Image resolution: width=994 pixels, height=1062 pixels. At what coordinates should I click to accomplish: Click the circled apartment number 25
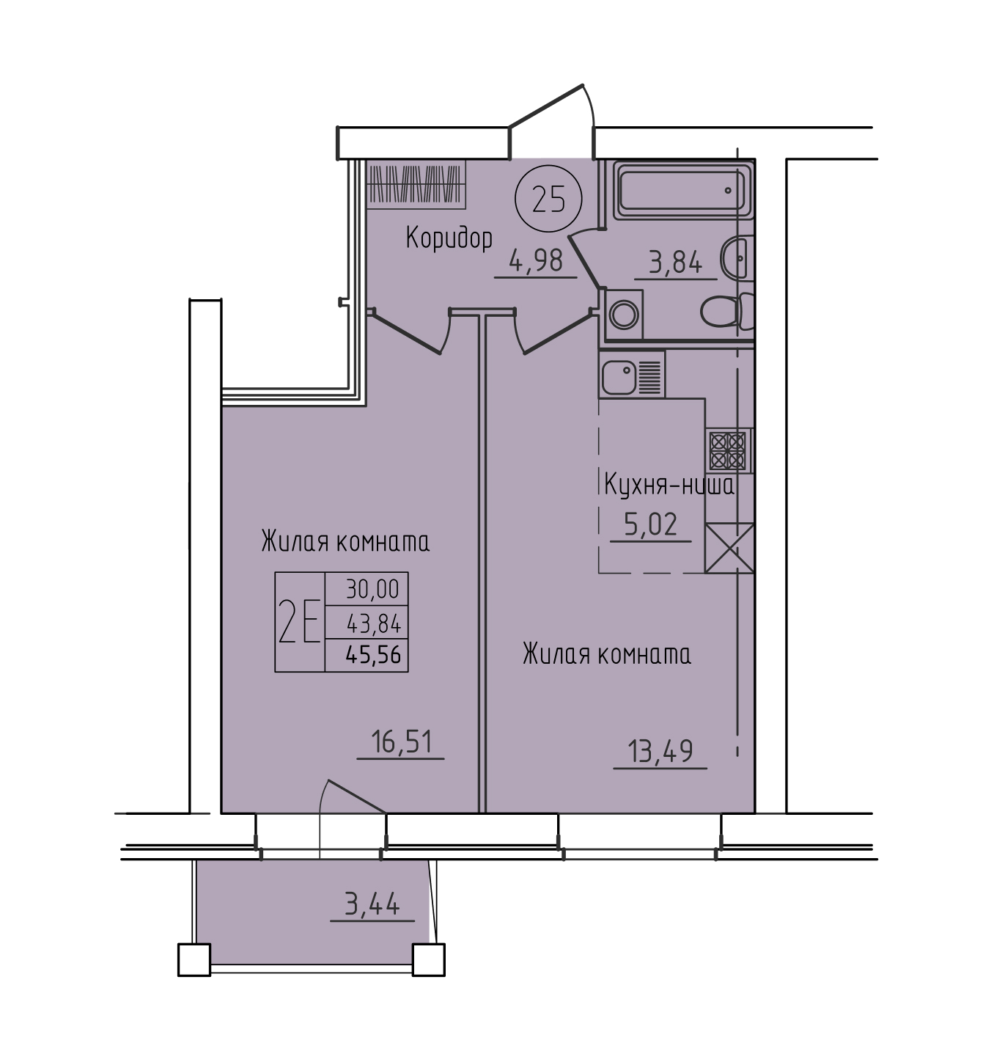coord(548,199)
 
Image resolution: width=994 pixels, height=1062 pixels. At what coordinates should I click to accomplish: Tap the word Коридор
coord(449,238)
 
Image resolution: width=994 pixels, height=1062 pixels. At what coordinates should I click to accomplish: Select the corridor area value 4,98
coord(537,262)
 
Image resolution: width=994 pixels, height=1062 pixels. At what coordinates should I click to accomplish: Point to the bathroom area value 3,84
coord(675,263)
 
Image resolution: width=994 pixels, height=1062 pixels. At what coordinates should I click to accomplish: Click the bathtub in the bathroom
coord(682,191)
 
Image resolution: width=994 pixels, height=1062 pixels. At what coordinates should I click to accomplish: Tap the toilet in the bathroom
coord(727,312)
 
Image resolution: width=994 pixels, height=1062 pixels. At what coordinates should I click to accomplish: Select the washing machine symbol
coord(624,315)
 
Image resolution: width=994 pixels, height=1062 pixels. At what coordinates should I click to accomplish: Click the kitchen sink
coord(632,375)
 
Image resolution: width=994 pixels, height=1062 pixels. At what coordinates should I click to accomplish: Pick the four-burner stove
coord(727,450)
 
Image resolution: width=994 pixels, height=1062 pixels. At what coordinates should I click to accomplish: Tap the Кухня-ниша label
coord(669,486)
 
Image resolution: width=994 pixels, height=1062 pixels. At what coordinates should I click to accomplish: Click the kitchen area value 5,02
coord(651,524)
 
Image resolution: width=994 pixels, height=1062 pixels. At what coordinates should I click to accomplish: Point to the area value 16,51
coord(401,742)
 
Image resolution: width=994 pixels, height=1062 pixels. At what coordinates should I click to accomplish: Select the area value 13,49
coord(660,751)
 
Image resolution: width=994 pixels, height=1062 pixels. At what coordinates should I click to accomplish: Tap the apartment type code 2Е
coord(300,621)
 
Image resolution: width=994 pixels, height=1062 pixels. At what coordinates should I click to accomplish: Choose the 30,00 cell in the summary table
coord(372,589)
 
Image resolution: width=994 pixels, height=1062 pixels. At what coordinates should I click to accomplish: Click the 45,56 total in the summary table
coord(373,654)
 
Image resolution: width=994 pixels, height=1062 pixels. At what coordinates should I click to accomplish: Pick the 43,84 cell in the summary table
coord(373,623)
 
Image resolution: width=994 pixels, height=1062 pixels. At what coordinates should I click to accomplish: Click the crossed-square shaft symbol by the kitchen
coord(729,548)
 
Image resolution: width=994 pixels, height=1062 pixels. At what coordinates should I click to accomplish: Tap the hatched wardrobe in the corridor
coord(416,185)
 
